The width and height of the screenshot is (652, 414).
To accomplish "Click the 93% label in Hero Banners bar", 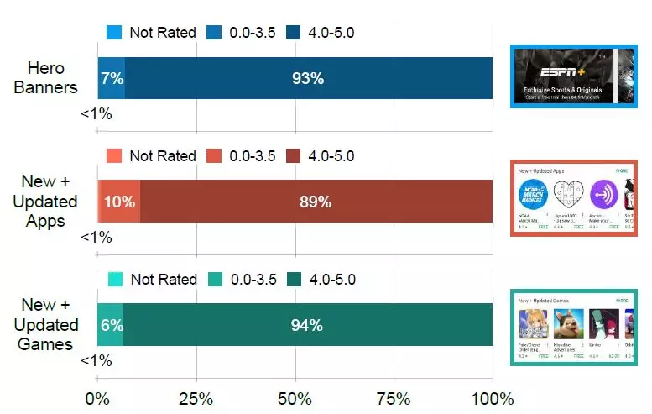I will click(308, 79).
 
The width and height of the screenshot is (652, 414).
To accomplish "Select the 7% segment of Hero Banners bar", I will click(112, 79).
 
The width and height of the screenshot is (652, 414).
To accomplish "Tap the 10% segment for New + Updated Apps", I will click(119, 202).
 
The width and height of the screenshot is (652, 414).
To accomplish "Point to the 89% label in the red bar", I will click(316, 202).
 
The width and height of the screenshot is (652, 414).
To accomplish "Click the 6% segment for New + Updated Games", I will click(111, 325).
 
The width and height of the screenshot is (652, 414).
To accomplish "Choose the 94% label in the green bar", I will click(307, 325).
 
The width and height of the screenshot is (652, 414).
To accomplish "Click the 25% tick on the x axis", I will click(196, 397).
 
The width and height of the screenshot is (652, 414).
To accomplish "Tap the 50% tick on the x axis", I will click(295, 397).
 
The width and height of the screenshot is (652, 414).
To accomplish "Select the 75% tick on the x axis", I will click(394, 397).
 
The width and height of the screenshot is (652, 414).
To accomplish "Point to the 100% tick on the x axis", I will click(493, 397).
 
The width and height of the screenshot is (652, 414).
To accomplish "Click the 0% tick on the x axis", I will click(98, 397).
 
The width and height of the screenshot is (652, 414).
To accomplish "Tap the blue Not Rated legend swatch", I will click(114, 33).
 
